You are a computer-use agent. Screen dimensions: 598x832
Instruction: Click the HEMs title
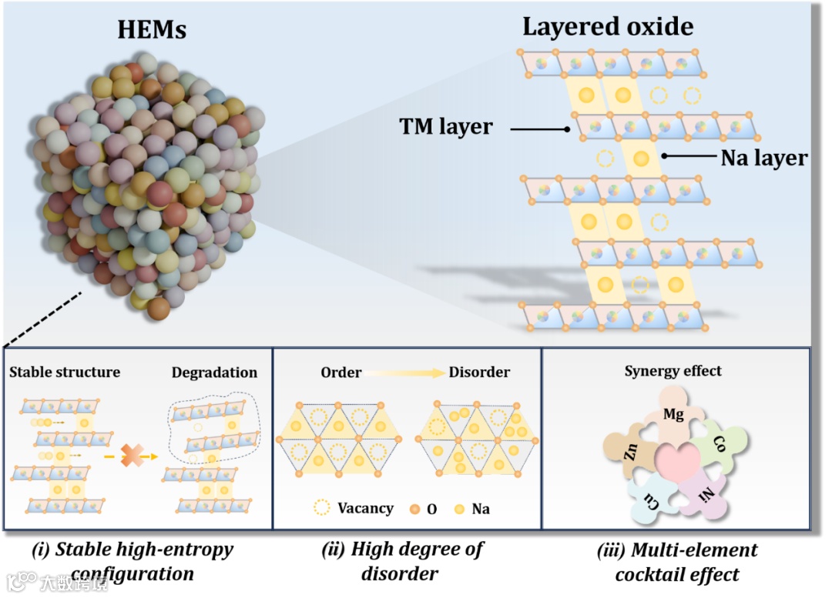pyautogui.click(x=152, y=30)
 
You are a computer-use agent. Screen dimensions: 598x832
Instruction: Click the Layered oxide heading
pyautogui.click(x=608, y=27)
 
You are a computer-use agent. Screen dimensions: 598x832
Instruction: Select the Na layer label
pyautogui.click(x=763, y=159)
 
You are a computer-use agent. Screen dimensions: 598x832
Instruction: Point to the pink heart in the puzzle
pyautogui.click(x=676, y=465)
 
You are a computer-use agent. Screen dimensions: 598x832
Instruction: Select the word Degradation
pyautogui.click(x=215, y=372)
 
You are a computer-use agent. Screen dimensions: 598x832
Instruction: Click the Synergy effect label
pyautogui.click(x=673, y=371)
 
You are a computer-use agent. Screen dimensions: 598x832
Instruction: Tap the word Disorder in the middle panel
pyautogui.click(x=480, y=372)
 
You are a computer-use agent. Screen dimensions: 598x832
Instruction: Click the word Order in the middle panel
pyautogui.click(x=341, y=372)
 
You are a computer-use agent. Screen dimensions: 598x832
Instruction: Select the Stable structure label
pyautogui.click(x=65, y=372)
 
